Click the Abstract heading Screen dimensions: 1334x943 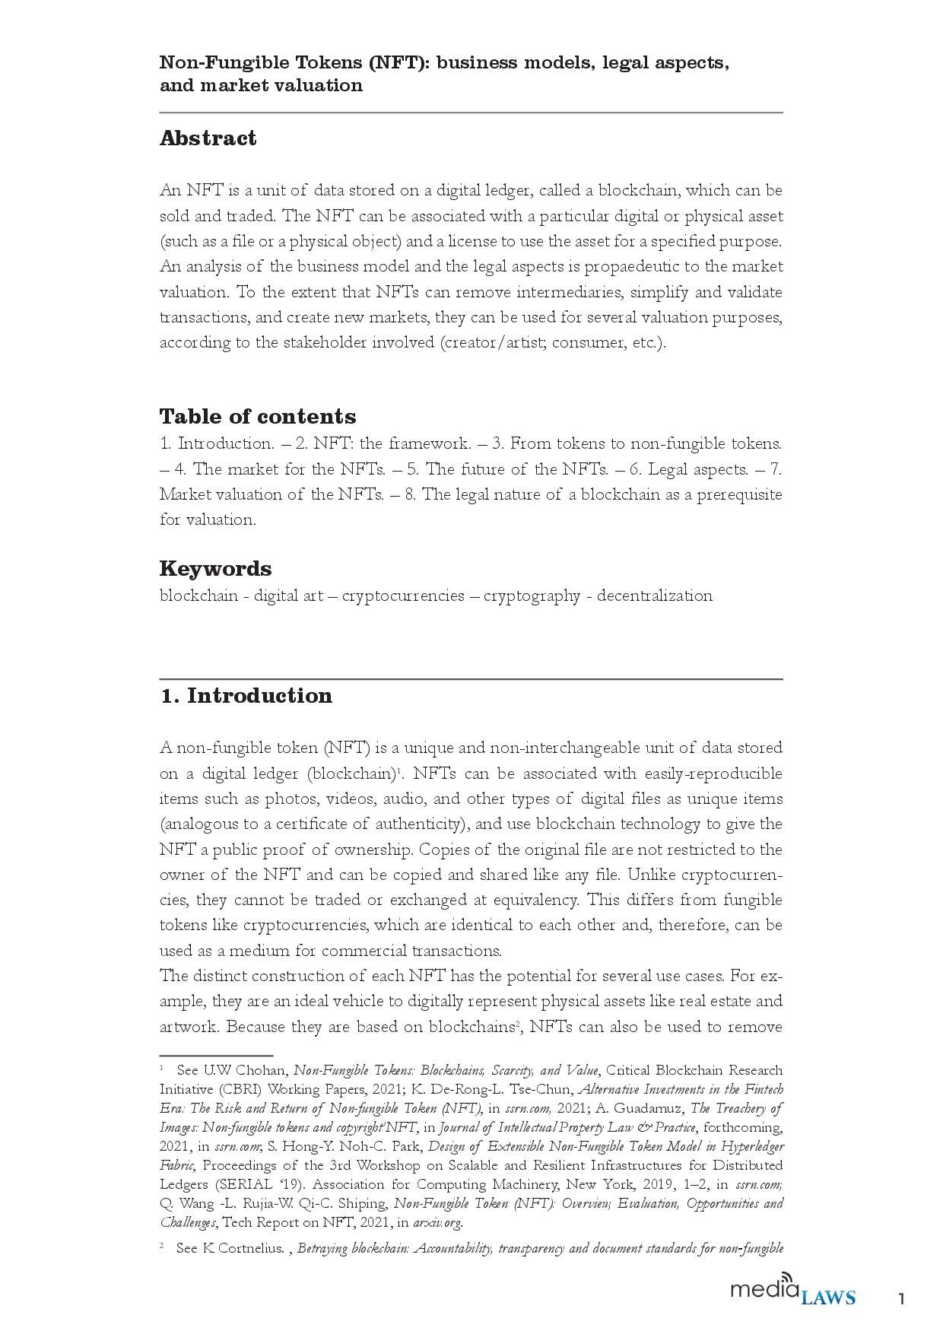(208, 138)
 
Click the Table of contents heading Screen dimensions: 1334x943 (257, 416)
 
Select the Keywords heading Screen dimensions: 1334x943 (215, 568)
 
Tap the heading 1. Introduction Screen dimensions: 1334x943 (246, 696)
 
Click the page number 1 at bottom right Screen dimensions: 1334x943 (901, 1298)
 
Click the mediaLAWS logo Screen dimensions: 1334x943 (792, 1293)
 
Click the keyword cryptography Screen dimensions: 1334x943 (532, 596)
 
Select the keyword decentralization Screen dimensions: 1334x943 (654, 596)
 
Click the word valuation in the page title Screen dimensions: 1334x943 (318, 85)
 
